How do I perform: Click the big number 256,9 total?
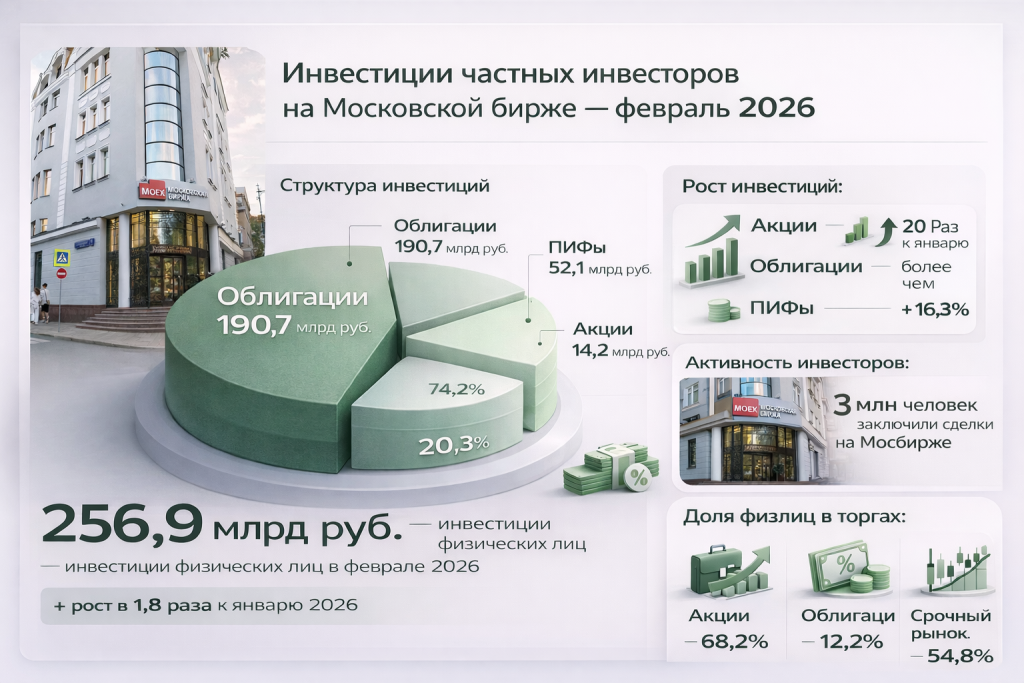coord(121,524)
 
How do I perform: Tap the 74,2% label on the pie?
coord(456,390)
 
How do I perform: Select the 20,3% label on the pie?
coord(453,446)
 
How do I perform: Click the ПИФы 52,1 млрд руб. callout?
coord(600,257)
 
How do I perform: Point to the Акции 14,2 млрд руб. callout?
coord(621,340)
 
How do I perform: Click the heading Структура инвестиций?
coord(385,185)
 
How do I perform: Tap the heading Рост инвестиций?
coord(763,187)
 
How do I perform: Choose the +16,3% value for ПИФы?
coord(935,309)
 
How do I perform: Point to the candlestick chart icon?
coord(955,569)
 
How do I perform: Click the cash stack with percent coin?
coord(610,468)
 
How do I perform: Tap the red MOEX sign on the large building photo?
coord(152,191)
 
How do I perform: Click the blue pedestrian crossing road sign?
coord(62,258)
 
